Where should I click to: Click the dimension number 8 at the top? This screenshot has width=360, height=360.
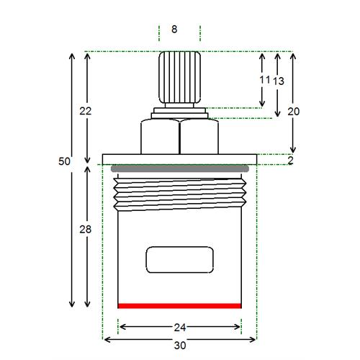(x=174, y=30)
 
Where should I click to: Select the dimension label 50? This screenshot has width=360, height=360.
(x=64, y=161)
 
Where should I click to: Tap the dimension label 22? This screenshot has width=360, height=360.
(x=86, y=111)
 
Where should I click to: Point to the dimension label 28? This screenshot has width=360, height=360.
(x=86, y=230)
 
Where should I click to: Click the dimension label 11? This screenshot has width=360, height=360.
(x=265, y=80)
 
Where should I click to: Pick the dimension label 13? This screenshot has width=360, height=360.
(x=279, y=81)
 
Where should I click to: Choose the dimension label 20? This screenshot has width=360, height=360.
(x=294, y=112)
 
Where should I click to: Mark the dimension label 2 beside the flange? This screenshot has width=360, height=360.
(x=290, y=160)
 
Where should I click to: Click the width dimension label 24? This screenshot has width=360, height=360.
(x=180, y=328)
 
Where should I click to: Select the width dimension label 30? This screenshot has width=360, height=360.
(x=180, y=346)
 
